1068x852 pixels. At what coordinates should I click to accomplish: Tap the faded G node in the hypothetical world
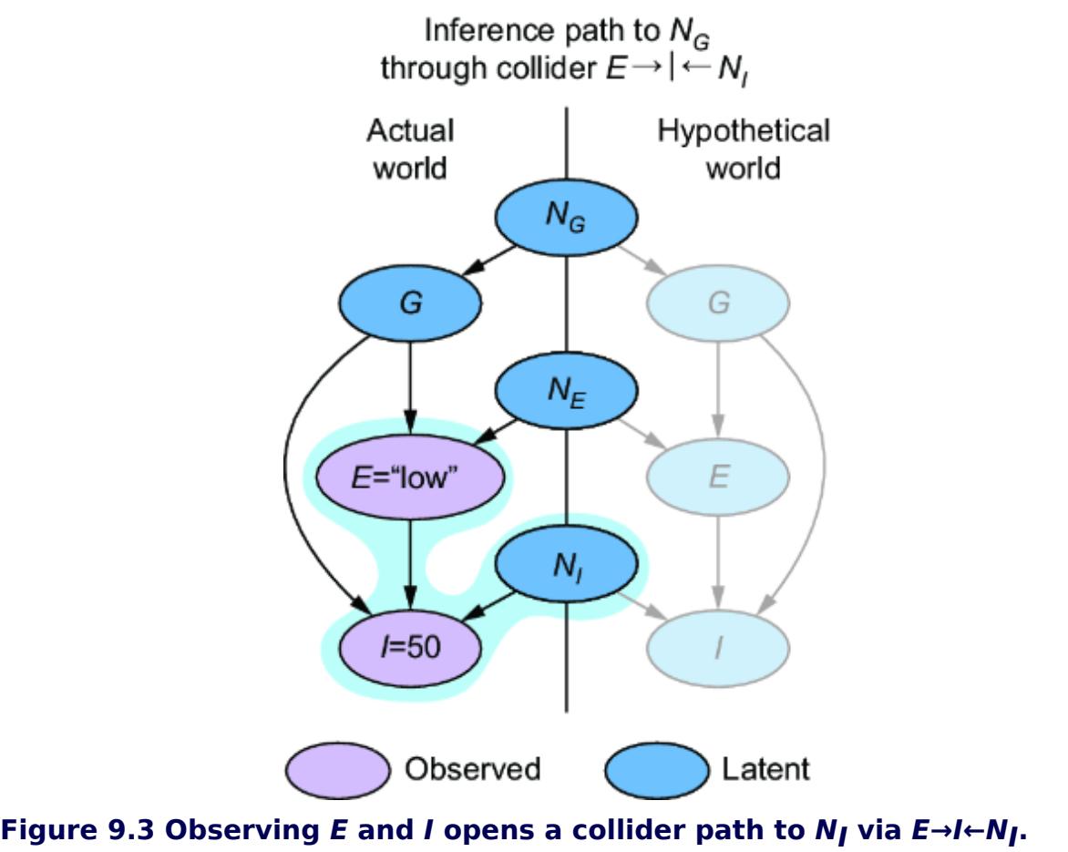tap(719, 303)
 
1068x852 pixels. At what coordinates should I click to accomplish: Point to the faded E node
tap(719, 478)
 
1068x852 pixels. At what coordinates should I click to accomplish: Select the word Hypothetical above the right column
tap(743, 132)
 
